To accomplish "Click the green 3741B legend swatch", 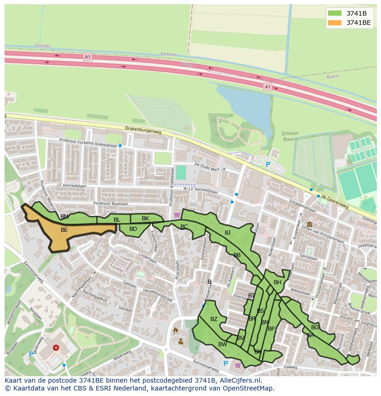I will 335,13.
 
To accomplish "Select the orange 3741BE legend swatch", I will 335,22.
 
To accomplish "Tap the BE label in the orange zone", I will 64,230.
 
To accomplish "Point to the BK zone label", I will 145,218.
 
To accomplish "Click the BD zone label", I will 133,229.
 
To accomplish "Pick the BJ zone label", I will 227,233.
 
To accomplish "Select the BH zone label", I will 277,282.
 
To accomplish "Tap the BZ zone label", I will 214,319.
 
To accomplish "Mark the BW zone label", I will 223,344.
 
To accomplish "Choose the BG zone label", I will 315,327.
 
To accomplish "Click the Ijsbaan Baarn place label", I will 290,136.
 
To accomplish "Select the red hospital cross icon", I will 56,349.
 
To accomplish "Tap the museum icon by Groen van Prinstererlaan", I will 308,224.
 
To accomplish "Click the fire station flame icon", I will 175,330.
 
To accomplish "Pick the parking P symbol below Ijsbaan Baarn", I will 268,164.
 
